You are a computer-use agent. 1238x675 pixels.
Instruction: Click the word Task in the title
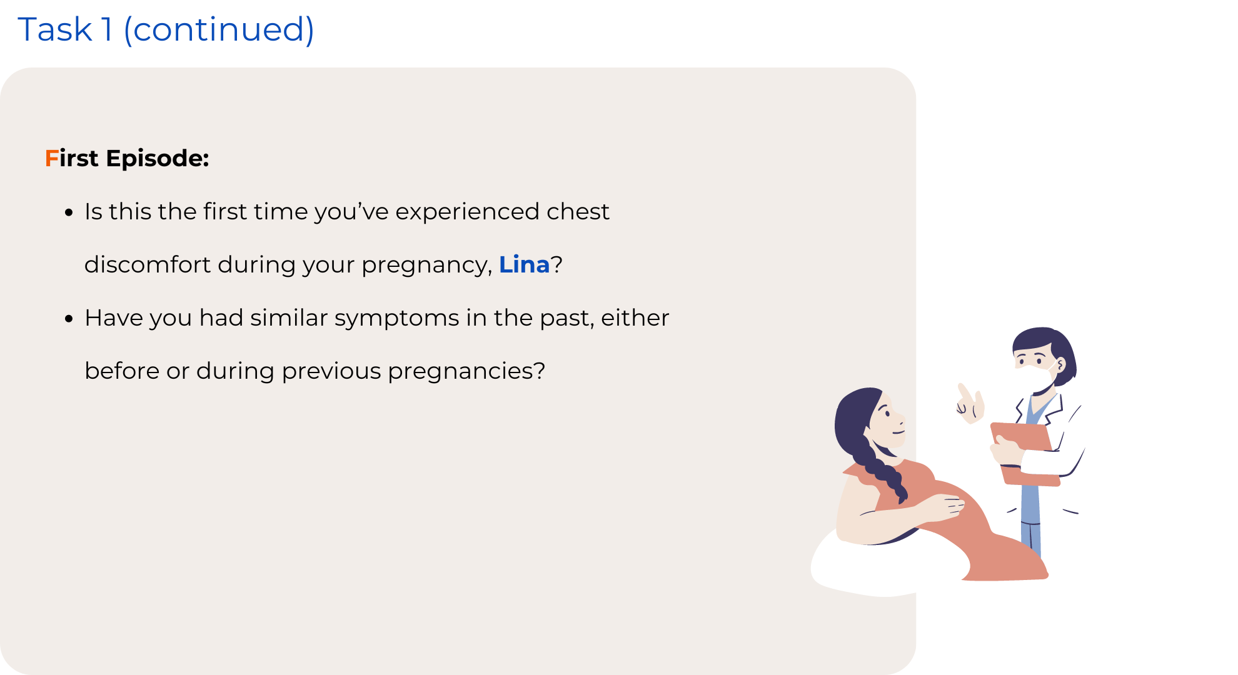click(55, 29)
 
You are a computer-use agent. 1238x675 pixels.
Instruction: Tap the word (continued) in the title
click(219, 30)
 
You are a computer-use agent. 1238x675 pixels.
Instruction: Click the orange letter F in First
click(51, 158)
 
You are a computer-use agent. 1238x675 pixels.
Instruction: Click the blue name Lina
click(524, 264)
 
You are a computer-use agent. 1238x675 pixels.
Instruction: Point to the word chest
click(578, 211)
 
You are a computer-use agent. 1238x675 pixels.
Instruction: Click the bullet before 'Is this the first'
click(69, 212)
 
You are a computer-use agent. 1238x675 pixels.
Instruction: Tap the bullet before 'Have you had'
click(69, 319)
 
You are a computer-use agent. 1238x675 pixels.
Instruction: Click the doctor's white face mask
click(1034, 377)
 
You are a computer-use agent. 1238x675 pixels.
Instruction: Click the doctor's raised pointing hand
click(970, 403)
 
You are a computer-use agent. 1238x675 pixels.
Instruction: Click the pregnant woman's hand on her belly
click(944, 506)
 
